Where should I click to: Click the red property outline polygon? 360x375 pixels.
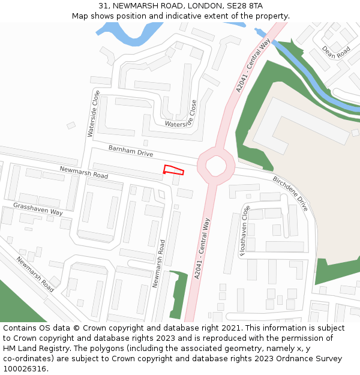(173, 170)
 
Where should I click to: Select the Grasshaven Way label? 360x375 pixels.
(38, 209)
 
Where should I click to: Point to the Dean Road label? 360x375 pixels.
(335, 52)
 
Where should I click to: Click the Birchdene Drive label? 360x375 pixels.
(290, 193)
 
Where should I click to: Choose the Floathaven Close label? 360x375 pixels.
(244, 230)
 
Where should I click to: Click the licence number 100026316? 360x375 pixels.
(24, 368)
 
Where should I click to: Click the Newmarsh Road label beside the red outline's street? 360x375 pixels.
(83, 173)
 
